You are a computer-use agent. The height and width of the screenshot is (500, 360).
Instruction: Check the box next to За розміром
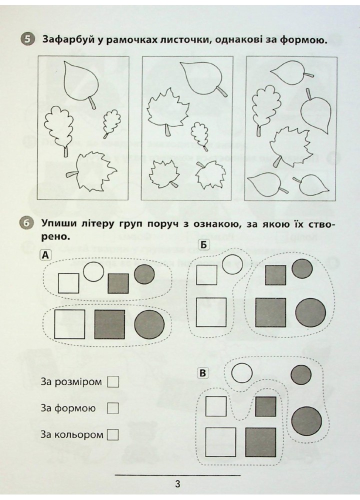point(113,382)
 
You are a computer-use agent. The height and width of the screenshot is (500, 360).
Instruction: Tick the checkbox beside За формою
point(113,408)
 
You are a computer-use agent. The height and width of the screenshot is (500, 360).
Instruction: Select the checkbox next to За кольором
point(113,434)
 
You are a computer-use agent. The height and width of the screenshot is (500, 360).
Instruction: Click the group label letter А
point(45,255)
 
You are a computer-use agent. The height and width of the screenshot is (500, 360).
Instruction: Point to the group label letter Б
point(204,244)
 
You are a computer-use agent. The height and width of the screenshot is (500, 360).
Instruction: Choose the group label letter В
point(202,373)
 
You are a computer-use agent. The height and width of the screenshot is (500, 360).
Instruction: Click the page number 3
point(178,483)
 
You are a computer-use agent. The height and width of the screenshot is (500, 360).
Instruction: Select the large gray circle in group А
point(149,325)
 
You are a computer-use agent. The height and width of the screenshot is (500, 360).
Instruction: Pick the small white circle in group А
point(92,271)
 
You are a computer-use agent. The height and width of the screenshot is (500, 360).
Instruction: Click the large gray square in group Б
point(270,312)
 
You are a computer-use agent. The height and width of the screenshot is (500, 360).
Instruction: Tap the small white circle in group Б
point(232,264)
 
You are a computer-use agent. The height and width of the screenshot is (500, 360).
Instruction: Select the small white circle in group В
point(241,373)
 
